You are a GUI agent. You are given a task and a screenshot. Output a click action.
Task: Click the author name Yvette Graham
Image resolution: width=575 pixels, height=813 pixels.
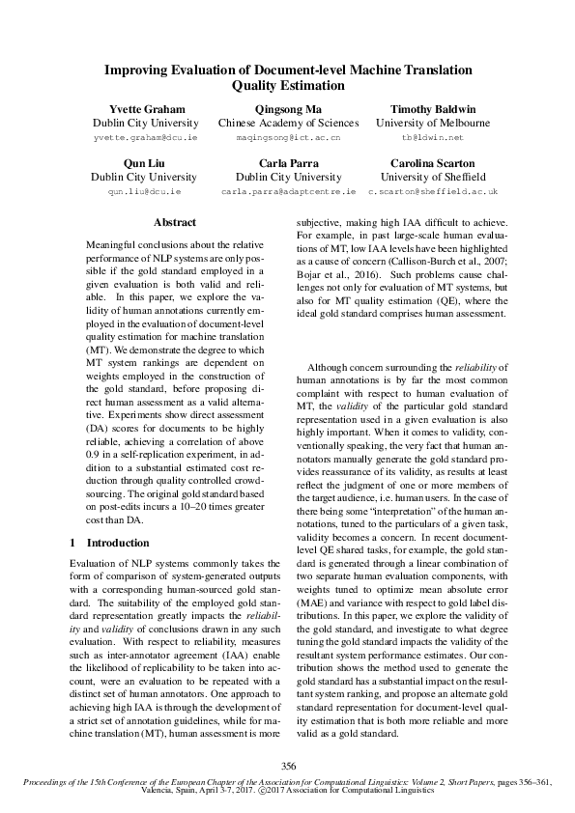[x=145, y=109]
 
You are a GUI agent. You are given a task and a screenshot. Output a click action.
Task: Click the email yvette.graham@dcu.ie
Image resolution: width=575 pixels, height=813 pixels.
[x=145, y=139]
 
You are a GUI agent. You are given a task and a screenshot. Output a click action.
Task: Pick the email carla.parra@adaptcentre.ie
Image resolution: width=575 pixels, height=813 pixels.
[x=288, y=192]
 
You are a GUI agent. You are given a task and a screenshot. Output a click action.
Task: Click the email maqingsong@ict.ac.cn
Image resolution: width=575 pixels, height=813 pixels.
[x=288, y=139]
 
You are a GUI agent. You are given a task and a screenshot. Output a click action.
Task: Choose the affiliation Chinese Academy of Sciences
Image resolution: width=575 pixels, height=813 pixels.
[x=288, y=124]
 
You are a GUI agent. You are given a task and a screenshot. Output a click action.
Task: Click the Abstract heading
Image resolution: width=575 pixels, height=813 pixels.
[x=175, y=223]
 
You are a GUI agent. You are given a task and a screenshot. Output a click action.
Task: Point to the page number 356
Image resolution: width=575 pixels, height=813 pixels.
[x=287, y=766]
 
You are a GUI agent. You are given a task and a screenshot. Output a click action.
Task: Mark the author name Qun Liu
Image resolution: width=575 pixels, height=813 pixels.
[x=145, y=163]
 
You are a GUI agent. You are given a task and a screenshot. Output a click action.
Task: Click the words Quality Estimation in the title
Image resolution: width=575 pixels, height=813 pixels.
[x=288, y=86]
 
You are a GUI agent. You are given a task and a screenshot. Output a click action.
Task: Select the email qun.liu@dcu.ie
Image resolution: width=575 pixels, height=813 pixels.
[x=145, y=192]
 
